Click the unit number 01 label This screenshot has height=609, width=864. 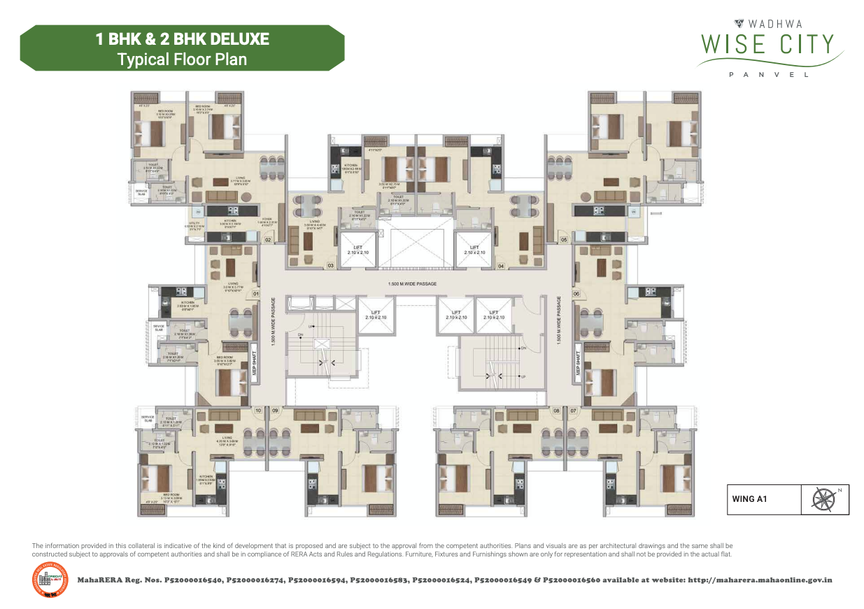[x=256, y=294]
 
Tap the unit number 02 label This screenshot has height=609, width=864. [x=268, y=239]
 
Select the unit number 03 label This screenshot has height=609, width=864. [x=330, y=266]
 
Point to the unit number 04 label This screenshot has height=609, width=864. [x=501, y=266]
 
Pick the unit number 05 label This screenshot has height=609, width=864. [x=564, y=239]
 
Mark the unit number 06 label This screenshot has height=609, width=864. [x=576, y=294]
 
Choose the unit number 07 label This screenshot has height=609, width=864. [x=574, y=410]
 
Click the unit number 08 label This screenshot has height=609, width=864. [x=557, y=410]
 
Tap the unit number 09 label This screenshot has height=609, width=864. [x=275, y=410]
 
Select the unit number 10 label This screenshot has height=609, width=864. [x=258, y=410]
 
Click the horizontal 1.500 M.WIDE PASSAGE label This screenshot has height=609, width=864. [x=413, y=284]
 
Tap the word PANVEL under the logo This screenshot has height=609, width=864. [x=769, y=75]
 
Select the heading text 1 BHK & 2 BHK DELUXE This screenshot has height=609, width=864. [x=183, y=39]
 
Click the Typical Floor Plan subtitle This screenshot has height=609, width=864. [x=183, y=59]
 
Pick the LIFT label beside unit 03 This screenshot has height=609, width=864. [x=357, y=249]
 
